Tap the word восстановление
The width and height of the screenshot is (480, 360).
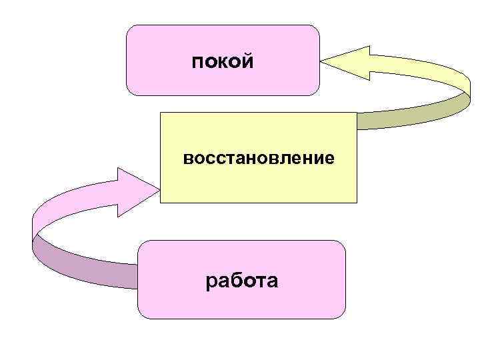pyautogui.click(x=259, y=159)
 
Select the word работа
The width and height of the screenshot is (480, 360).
pyautogui.click(x=242, y=281)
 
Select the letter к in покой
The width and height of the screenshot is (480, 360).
pyautogui.click(x=223, y=63)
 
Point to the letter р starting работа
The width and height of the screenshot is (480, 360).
pyautogui.click(x=211, y=283)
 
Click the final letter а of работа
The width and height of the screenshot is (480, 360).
pyautogui.click(x=272, y=283)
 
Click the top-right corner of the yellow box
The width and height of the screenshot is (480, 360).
pyautogui.click(x=357, y=113)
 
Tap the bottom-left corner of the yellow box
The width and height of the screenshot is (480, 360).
pyautogui.click(x=161, y=201)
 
